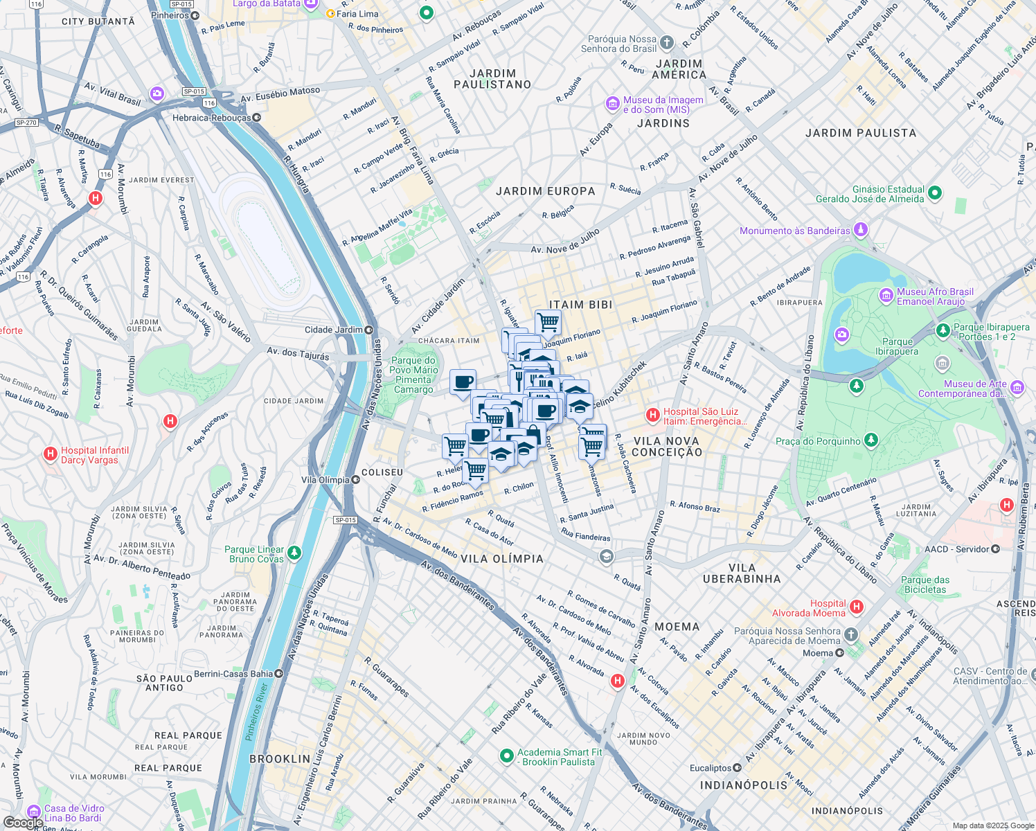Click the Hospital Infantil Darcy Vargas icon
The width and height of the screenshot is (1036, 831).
[50, 454]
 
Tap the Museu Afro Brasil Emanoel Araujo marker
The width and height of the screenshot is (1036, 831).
[886, 296]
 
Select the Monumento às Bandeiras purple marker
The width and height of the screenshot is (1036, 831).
[861, 229]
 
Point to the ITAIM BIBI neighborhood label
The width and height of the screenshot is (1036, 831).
[580, 305]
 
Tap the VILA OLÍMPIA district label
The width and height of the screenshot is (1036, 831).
[502, 559]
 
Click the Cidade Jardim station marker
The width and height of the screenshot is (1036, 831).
[369, 330]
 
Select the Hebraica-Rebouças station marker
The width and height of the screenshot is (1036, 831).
[257, 118]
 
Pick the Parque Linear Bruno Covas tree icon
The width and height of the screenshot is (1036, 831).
[295, 553]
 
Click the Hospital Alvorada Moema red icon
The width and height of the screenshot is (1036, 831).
[857, 607]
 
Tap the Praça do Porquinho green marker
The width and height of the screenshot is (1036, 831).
[871, 440]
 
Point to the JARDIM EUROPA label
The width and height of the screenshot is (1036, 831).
[546, 191]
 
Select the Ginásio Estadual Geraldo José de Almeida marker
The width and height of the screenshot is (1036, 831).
[935, 193]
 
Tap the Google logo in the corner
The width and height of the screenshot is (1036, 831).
[23, 822]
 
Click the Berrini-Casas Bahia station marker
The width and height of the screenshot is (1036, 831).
[279, 673]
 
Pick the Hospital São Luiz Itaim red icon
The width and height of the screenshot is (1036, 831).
[652, 415]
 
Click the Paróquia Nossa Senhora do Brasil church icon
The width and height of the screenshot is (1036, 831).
[666, 44]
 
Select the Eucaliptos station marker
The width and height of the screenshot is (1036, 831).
[737, 768]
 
